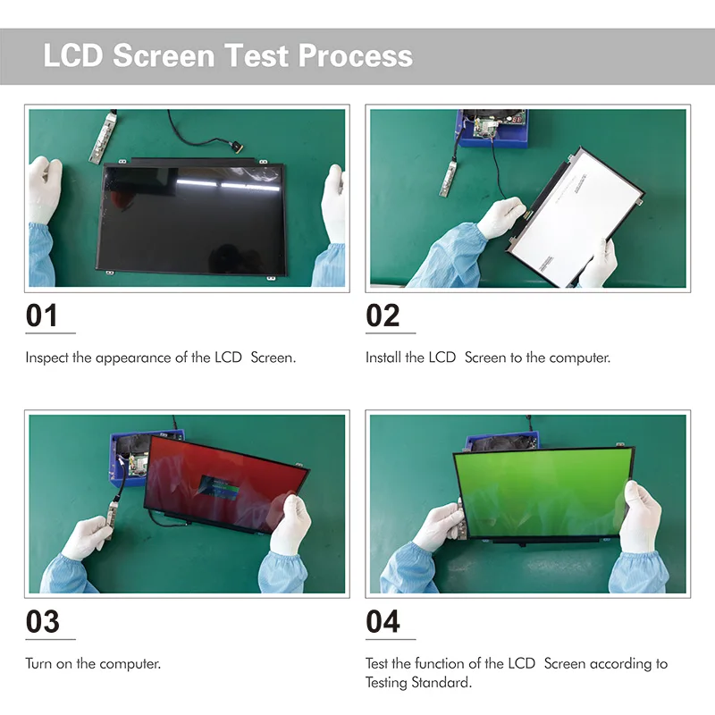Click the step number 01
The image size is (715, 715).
pos(42,315)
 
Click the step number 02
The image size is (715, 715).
pos(383,315)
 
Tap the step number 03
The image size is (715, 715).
pos(42,621)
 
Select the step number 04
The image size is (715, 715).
pos(383,621)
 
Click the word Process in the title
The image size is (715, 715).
pos(355,55)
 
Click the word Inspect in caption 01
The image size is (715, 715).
pos(46,357)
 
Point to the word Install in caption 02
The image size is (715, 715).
pos(383,357)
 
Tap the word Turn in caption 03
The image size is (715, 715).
pos(38,664)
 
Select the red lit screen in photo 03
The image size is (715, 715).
pos(223,483)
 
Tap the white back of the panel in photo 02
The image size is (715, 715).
pos(572,214)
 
